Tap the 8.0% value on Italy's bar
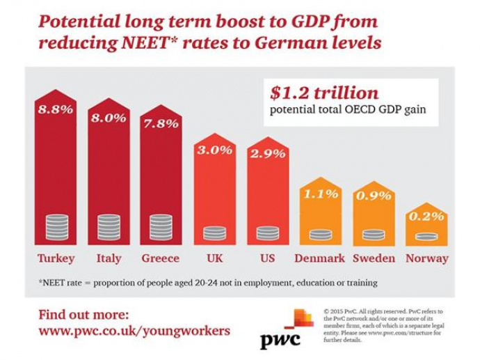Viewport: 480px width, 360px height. click(x=108, y=118)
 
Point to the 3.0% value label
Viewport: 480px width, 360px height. click(x=214, y=150)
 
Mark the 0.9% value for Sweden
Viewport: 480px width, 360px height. click(x=372, y=196)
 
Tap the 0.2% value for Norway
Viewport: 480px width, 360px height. click(x=425, y=216)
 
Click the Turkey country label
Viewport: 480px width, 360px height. click(x=56, y=258)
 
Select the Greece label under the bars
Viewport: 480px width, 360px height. click(x=161, y=258)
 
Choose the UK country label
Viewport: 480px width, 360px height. click(x=214, y=258)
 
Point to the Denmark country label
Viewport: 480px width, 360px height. click(x=319, y=258)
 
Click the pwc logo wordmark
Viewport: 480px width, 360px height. click(x=280, y=341)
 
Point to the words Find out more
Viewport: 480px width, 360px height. click(x=83, y=312)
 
